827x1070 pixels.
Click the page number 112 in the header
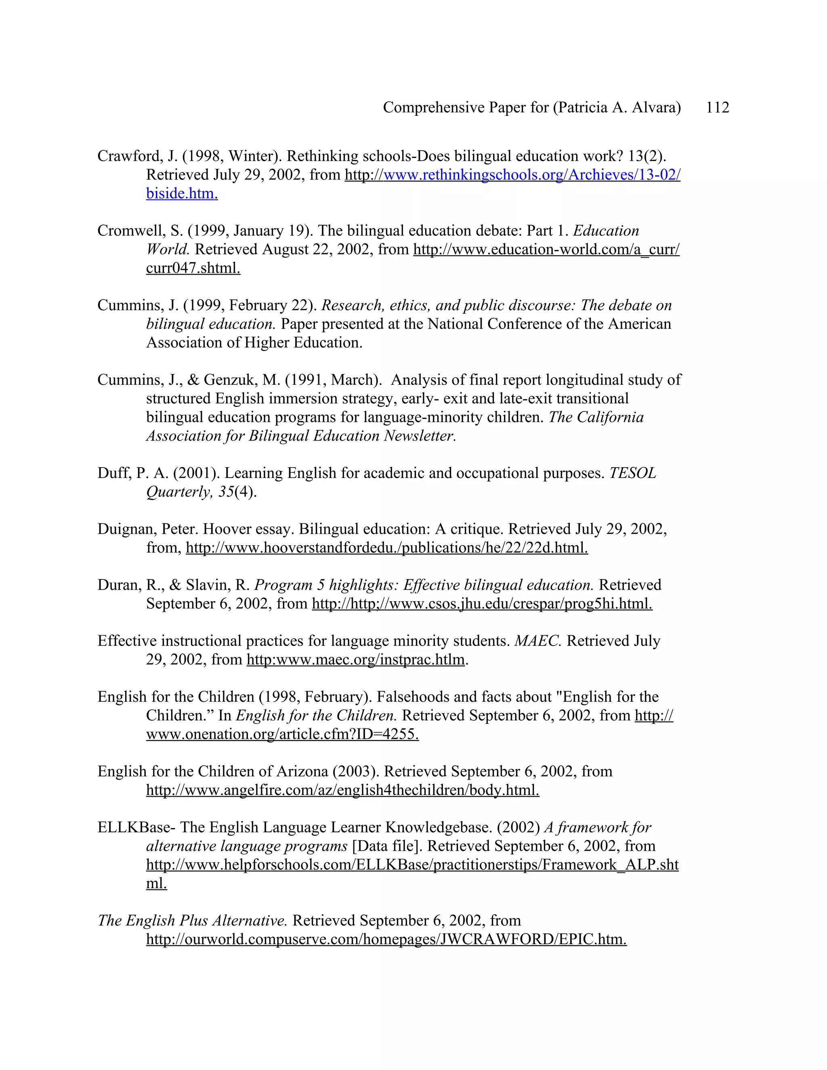717,107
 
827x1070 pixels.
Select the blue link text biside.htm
182,193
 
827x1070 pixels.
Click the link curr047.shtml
193,268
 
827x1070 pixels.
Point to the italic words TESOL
632,473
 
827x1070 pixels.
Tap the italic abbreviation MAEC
537,641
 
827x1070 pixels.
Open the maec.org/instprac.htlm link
355,659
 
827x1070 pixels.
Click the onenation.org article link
282,734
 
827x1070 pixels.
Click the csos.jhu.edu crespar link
482,604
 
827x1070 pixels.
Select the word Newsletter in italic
420,436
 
